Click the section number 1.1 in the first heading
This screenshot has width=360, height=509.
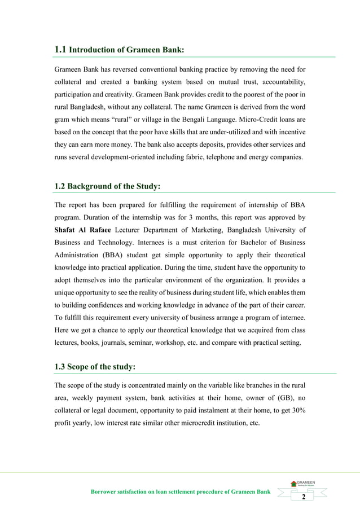click(x=60, y=49)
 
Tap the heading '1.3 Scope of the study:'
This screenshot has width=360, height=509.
click(x=94, y=367)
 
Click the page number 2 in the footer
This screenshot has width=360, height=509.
click(x=304, y=497)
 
